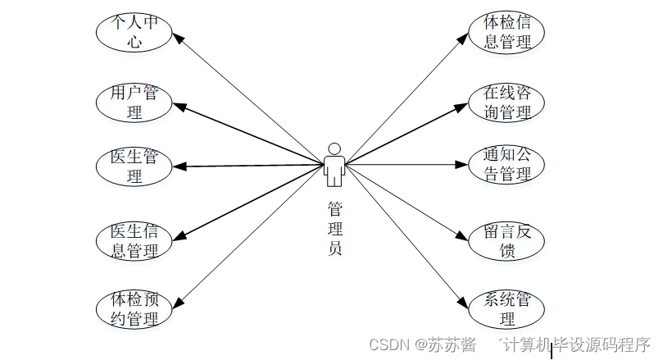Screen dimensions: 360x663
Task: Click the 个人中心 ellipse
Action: coord(134,30)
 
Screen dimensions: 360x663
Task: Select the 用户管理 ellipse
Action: coord(134,102)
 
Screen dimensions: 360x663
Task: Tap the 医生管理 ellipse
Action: coord(134,166)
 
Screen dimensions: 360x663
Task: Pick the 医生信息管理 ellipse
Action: coord(134,240)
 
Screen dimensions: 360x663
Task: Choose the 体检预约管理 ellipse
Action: coord(134,309)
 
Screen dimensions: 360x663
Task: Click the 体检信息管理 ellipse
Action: coord(506,31)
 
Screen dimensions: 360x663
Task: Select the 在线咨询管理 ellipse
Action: coord(506,102)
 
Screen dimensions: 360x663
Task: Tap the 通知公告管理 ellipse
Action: coord(506,164)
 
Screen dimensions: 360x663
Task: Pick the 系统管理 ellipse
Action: coord(506,309)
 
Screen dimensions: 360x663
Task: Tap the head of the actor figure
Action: coord(334,148)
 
